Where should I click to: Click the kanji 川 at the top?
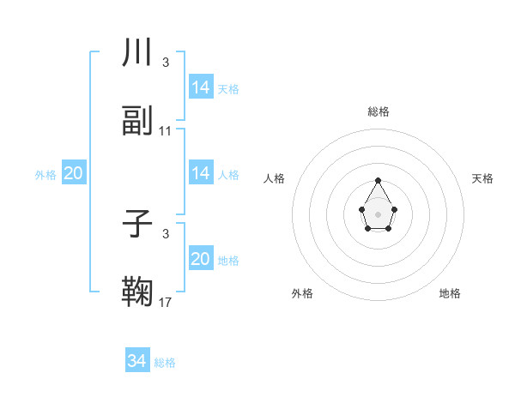tap(137, 52)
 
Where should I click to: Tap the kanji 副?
tap(137, 121)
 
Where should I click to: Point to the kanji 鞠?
tap(137, 292)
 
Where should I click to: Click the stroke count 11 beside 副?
tap(166, 131)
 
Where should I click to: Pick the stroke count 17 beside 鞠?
tap(166, 302)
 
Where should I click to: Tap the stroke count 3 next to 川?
tap(166, 63)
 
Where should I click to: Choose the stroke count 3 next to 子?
tap(166, 233)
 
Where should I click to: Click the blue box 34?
tap(137, 361)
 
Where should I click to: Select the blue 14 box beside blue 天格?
tap(201, 87)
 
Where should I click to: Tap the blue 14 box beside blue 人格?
tap(201, 173)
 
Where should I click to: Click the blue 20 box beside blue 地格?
tap(201, 259)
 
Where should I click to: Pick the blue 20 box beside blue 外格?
tap(74, 173)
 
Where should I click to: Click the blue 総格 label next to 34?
tap(165, 363)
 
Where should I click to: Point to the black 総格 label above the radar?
tap(378, 111)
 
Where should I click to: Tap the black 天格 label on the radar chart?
tap(482, 178)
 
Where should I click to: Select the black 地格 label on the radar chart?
tap(450, 293)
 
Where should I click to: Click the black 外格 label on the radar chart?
tap(302, 293)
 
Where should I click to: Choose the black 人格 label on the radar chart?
tap(275, 178)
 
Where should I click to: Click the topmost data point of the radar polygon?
tap(378, 180)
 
